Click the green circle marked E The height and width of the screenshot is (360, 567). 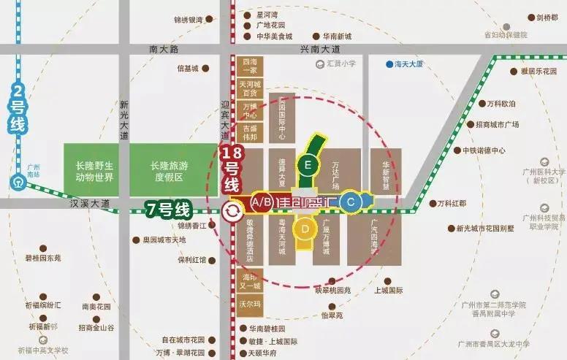pyautogui.click(x=308, y=166)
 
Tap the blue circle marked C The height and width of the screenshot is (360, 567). pyautogui.click(x=351, y=202)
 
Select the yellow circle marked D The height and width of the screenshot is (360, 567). pyautogui.click(x=303, y=229)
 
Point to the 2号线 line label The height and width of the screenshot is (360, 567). pyautogui.click(x=18, y=110)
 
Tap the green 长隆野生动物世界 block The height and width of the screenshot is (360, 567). pyautogui.click(x=94, y=171)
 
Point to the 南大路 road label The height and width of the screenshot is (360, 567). pyautogui.click(x=163, y=49)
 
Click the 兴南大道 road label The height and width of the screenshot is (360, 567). pyautogui.click(x=321, y=49)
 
